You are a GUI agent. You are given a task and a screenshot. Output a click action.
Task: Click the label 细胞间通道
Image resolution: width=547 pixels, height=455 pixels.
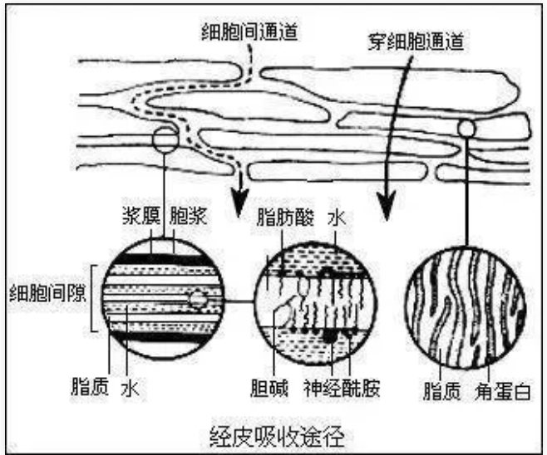pyautogui.click(x=250, y=32)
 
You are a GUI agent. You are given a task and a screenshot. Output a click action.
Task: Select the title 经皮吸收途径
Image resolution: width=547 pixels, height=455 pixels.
pyautogui.click(x=274, y=433)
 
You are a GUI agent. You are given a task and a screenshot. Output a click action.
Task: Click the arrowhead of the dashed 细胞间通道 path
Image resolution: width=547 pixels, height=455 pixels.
pyautogui.click(x=241, y=204)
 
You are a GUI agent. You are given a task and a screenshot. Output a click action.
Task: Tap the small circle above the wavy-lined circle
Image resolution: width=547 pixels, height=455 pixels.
pyautogui.click(x=467, y=129)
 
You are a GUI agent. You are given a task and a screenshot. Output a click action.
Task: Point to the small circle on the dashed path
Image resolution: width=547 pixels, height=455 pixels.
pyautogui.click(x=165, y=139)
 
